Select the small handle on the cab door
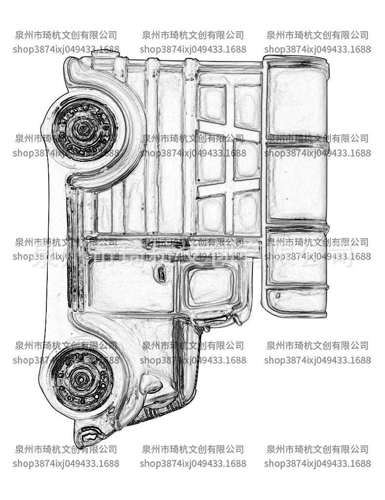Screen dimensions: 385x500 (x=161, y=274)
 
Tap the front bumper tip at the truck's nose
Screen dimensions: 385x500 (x=88, y=435)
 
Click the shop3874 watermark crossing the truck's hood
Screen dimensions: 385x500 (x=193, y=360)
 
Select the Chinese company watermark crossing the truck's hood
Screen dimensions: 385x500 (x=193, y=346)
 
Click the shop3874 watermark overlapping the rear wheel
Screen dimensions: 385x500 (x=66, y=153)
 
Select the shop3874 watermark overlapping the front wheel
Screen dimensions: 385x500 (x=66, y=360)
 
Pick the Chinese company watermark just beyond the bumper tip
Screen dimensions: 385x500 (x=66, y=449)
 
